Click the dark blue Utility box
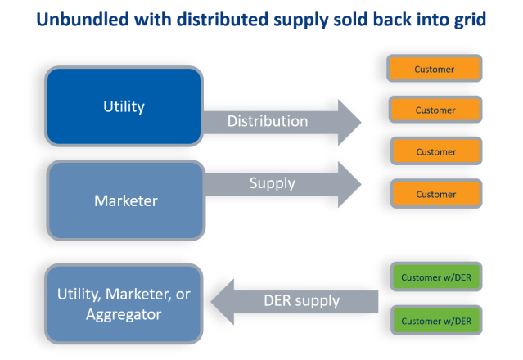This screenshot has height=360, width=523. click(x=124, y=106)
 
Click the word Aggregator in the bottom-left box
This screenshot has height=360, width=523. click(x=124, y=313)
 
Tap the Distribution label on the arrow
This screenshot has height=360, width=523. click(x=267, y=121)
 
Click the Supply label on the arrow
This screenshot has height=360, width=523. click(x=272, y=183)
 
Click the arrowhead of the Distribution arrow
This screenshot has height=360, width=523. click(x=348, y=122)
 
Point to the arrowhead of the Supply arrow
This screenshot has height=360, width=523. click(x=348, y=184)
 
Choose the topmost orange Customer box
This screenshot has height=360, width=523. click(x=435, y=69)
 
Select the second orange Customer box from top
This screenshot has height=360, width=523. click(x=435, y=110)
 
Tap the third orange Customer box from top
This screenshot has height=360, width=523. click(x=435, y=151)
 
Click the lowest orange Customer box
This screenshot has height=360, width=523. click(x=435, y=194)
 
